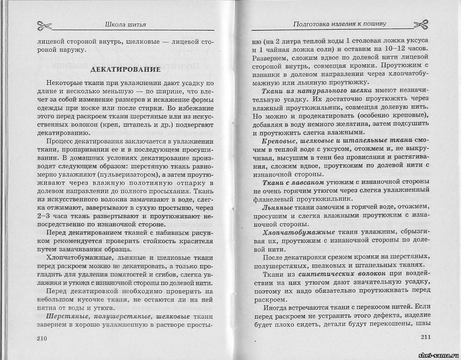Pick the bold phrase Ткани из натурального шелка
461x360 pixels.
tap(314, 91)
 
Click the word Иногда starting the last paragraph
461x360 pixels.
tap(279, 306)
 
